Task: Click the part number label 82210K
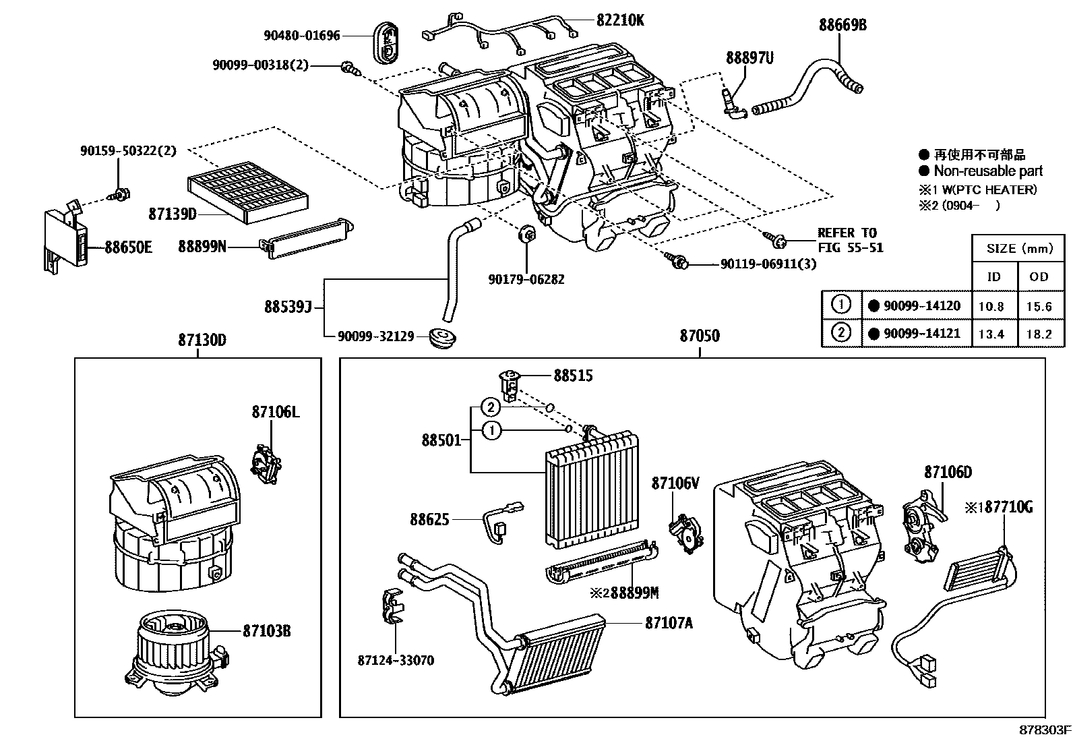[619, 20]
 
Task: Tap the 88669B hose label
[842, 26]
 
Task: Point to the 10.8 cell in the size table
[991, 306]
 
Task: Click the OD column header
[1039, 276]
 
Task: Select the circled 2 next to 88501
[492, 407]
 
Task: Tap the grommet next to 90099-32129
[442, 336]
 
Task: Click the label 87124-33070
[396, 660]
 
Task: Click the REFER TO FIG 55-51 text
[850, 240]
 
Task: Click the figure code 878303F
[1044, 730]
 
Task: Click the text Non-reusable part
[987, 171]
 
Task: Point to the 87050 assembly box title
[699, 336]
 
